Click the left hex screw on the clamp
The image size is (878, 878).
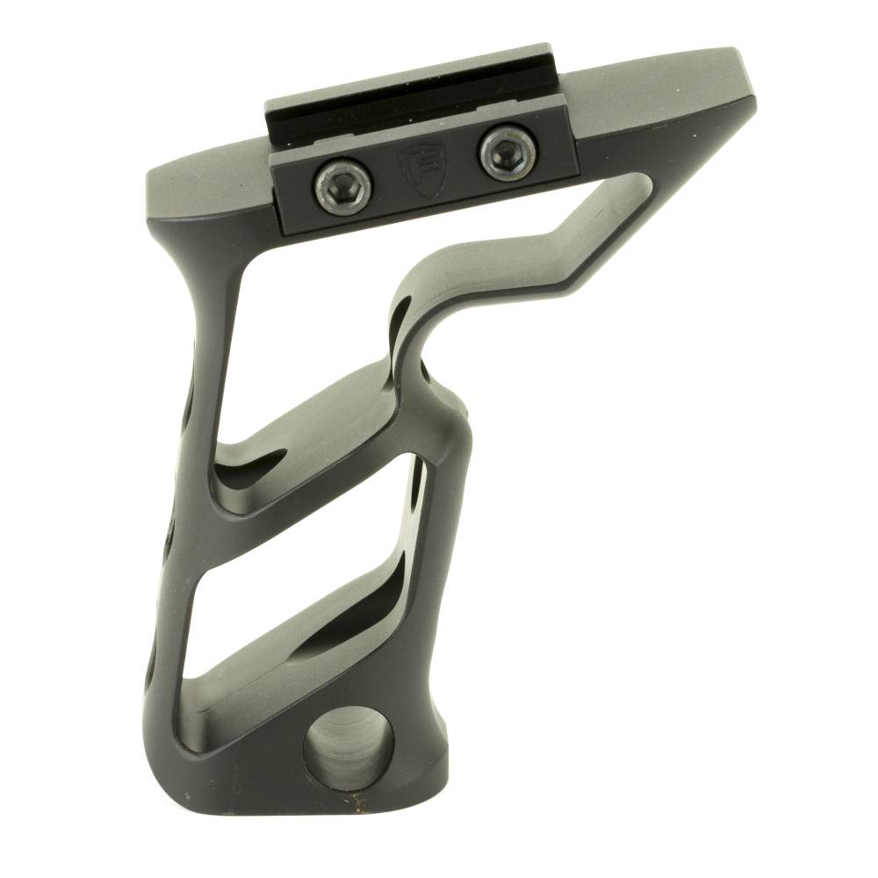[x=343, y=185]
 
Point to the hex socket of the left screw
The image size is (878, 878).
[x=343, y=185]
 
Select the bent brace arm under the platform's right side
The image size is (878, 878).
[x=562, y=255]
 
